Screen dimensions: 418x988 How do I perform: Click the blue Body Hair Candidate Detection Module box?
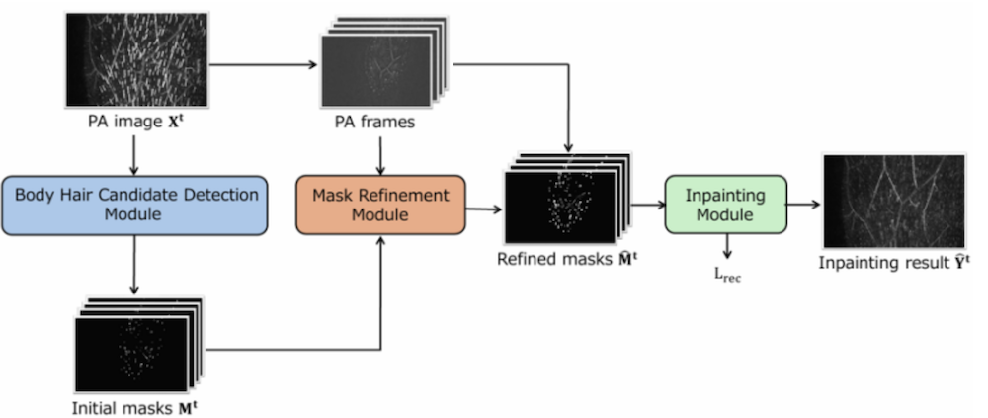click(135, 206)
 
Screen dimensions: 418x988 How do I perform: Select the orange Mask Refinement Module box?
click(380, 206)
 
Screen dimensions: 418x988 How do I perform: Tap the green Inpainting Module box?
click(727, 206)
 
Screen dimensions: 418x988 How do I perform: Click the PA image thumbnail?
click(135, 59)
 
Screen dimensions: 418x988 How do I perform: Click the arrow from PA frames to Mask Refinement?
click(380, 154)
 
